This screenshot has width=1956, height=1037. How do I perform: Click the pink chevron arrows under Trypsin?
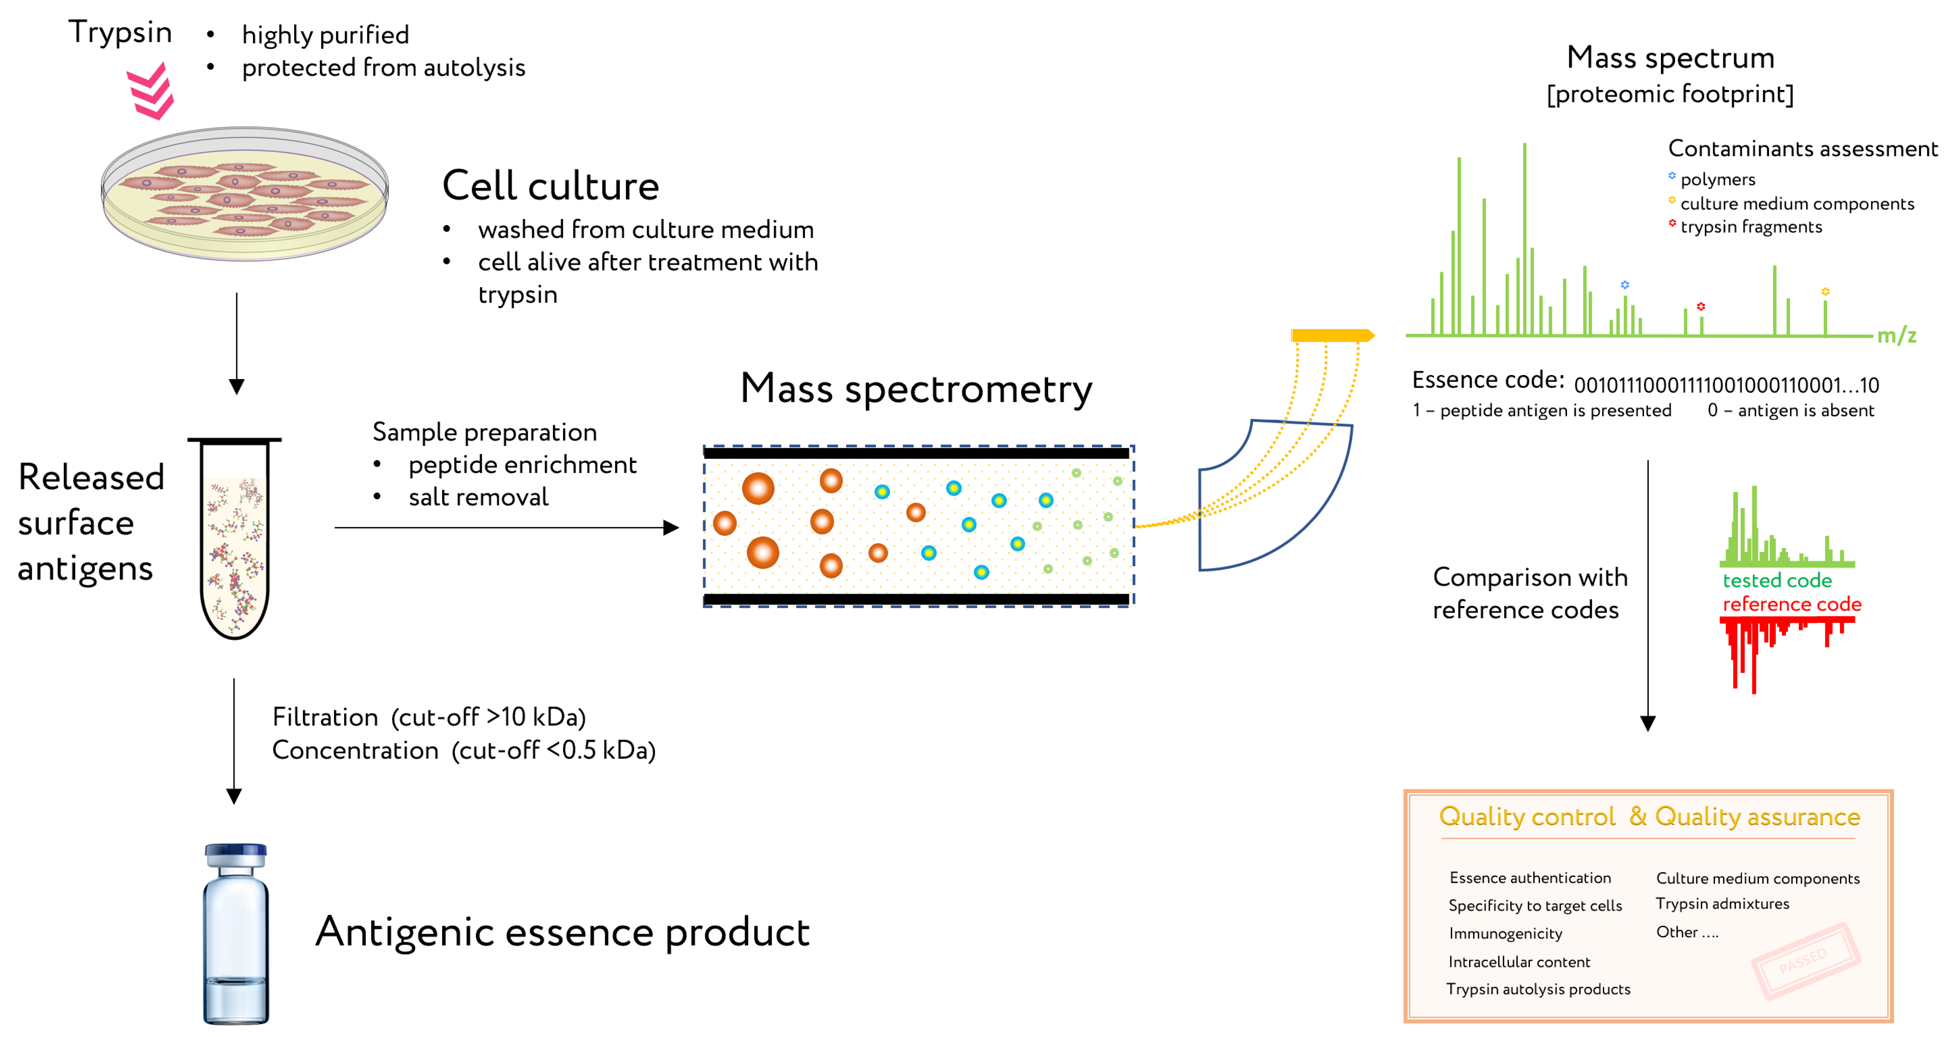(x=151, y=91)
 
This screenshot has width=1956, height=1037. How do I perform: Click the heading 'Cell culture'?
(x=551, y=186)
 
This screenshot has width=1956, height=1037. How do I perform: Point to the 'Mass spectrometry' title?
(x=916, y=389)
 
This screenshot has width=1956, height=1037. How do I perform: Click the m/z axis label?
(x=1896, y=335)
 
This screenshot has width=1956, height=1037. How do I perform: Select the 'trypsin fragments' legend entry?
(x=1750, y=227)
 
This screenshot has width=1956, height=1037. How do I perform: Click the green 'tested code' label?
(x=1777, y=580)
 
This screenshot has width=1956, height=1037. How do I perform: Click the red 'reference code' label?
(x=1791, y=604)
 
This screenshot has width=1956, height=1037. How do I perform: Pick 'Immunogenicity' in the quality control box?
(x=1505, y=934)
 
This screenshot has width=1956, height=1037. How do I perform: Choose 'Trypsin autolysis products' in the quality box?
(x=1538, y=989)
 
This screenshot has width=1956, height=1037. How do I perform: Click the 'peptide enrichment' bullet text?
(x=522, y=465)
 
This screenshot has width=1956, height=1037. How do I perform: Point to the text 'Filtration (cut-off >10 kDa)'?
(x=429, y=717)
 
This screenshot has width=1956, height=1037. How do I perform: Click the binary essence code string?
(x=1725, y=385)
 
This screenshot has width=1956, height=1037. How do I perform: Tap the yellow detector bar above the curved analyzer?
(x=1331, y=335)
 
